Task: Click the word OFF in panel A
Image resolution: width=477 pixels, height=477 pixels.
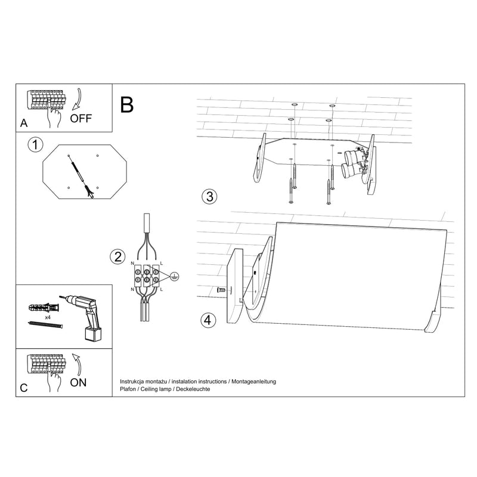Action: click(x=81, y=117)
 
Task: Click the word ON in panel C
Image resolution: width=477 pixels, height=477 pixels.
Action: click(x=78, y=382)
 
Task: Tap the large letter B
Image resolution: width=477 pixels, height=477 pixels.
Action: click(x=126, y=104)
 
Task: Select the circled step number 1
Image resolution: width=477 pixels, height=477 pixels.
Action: click(x=36, y=144)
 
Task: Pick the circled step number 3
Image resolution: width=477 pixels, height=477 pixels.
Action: click(x=207, y=196)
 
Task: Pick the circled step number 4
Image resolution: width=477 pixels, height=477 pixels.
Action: click(x=207, y=320)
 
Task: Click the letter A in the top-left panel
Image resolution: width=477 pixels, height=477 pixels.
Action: click(x=24, y=123)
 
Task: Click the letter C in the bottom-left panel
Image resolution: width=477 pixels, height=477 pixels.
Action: click(x=24, y=387)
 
